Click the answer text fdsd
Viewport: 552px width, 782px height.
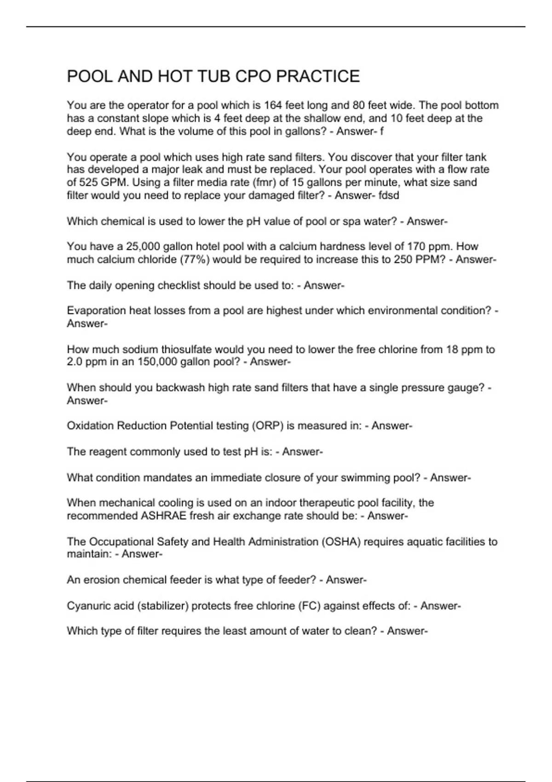coord(389,195)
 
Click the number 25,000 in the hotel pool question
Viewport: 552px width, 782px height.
coord(142,247)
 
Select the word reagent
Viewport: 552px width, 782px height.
coord(107,452)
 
